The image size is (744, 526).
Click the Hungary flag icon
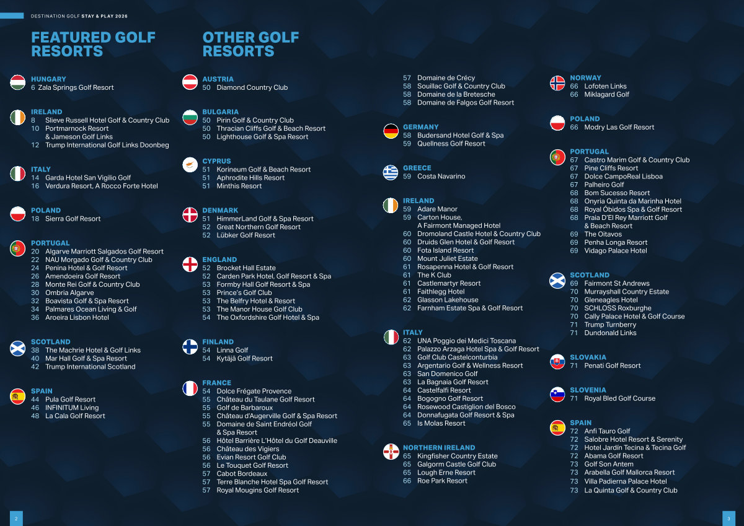17,82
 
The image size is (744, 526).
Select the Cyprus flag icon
190,165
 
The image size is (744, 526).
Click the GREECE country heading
417,168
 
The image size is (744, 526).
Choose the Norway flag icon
557,83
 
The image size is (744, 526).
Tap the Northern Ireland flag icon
391,452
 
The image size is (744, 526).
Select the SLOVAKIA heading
588,357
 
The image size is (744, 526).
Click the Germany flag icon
391,131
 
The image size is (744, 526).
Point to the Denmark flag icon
190,215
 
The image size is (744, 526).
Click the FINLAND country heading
218,342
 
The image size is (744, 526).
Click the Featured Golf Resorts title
94,44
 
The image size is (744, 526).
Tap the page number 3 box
728,519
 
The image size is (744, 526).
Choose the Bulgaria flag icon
190,117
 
